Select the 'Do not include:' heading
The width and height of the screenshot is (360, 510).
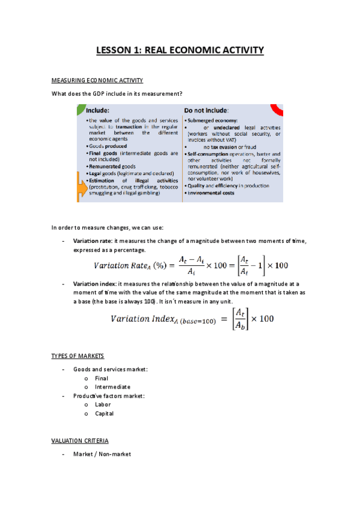click(x=206, y=111)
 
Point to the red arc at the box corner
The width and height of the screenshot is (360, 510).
click(x=278, y=109)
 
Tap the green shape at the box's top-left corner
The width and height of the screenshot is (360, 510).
click(x=79, y=109)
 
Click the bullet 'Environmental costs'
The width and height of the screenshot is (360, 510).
click(x=211, y=192)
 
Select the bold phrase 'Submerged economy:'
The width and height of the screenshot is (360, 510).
click(x=210, y=120)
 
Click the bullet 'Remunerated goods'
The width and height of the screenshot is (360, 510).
click(x=112, y=166)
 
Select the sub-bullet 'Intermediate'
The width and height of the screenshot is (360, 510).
click(x=112, y=387)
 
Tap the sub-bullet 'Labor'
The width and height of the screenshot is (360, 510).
click(x=103, y=405)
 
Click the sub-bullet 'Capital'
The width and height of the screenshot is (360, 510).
click(x=104, y=413)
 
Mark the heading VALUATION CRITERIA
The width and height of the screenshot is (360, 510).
click(x=80, y=441)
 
